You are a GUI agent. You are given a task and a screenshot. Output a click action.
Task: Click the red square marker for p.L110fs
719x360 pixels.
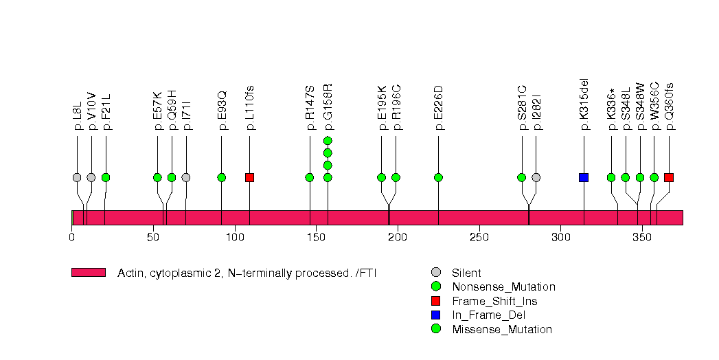coord(249,177)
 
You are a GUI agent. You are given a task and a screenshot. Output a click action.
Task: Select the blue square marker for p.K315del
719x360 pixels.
coord(584,177)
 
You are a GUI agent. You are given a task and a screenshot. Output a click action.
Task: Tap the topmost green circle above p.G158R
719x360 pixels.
coord(328,141)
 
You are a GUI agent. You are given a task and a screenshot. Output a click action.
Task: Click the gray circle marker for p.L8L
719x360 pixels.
coord(77,177)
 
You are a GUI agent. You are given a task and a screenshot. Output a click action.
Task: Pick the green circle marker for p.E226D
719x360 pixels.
coord(438,177)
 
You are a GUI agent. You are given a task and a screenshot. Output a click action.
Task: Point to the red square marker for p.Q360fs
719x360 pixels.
coord(669,177)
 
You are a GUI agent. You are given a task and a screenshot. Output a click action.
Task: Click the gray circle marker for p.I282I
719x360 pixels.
coord(536,177)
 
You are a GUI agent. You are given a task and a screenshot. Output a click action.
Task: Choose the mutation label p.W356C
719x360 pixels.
coord(654,106)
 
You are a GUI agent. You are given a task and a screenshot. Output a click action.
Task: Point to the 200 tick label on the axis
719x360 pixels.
coord(398,238)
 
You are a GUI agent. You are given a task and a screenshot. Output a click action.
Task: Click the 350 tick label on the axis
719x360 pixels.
coord(642,238)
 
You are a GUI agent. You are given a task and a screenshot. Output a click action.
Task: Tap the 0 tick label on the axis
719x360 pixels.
coord(72,238)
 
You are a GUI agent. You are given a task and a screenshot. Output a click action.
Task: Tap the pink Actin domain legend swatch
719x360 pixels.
coord(89,273)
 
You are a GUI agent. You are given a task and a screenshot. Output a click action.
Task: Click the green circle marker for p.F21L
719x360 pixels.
coord(106,177)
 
